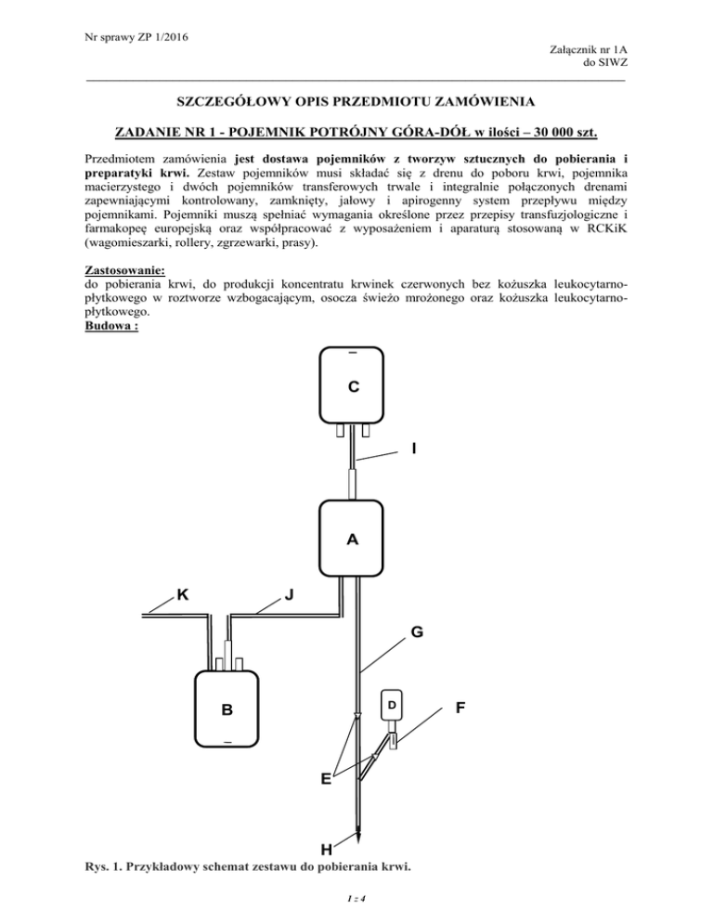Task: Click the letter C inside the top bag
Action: (x=354, y=384)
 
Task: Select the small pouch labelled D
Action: (x=391, y=705)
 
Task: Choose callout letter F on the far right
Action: (x=461, y=708)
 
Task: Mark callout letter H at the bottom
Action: (x=327, y=849)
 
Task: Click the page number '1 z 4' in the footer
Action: (x=356, y=900)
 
